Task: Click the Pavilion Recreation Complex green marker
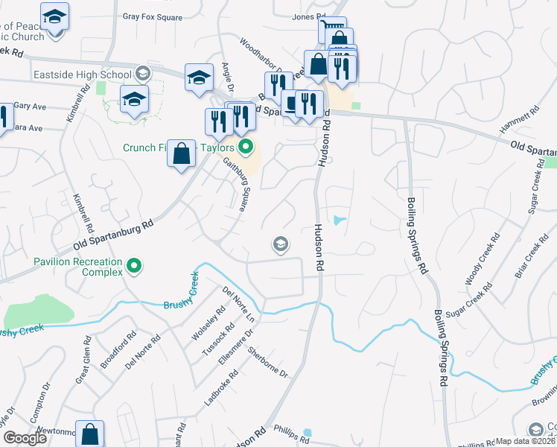tap(135, 264)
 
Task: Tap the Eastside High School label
tap(82, 74)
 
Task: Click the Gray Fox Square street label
tap(153, 15)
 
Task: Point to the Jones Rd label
tap(310, 16)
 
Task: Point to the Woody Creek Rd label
tap(480, 264)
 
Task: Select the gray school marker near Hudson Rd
tap(281, 244)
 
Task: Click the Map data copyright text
tap(526, 441)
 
